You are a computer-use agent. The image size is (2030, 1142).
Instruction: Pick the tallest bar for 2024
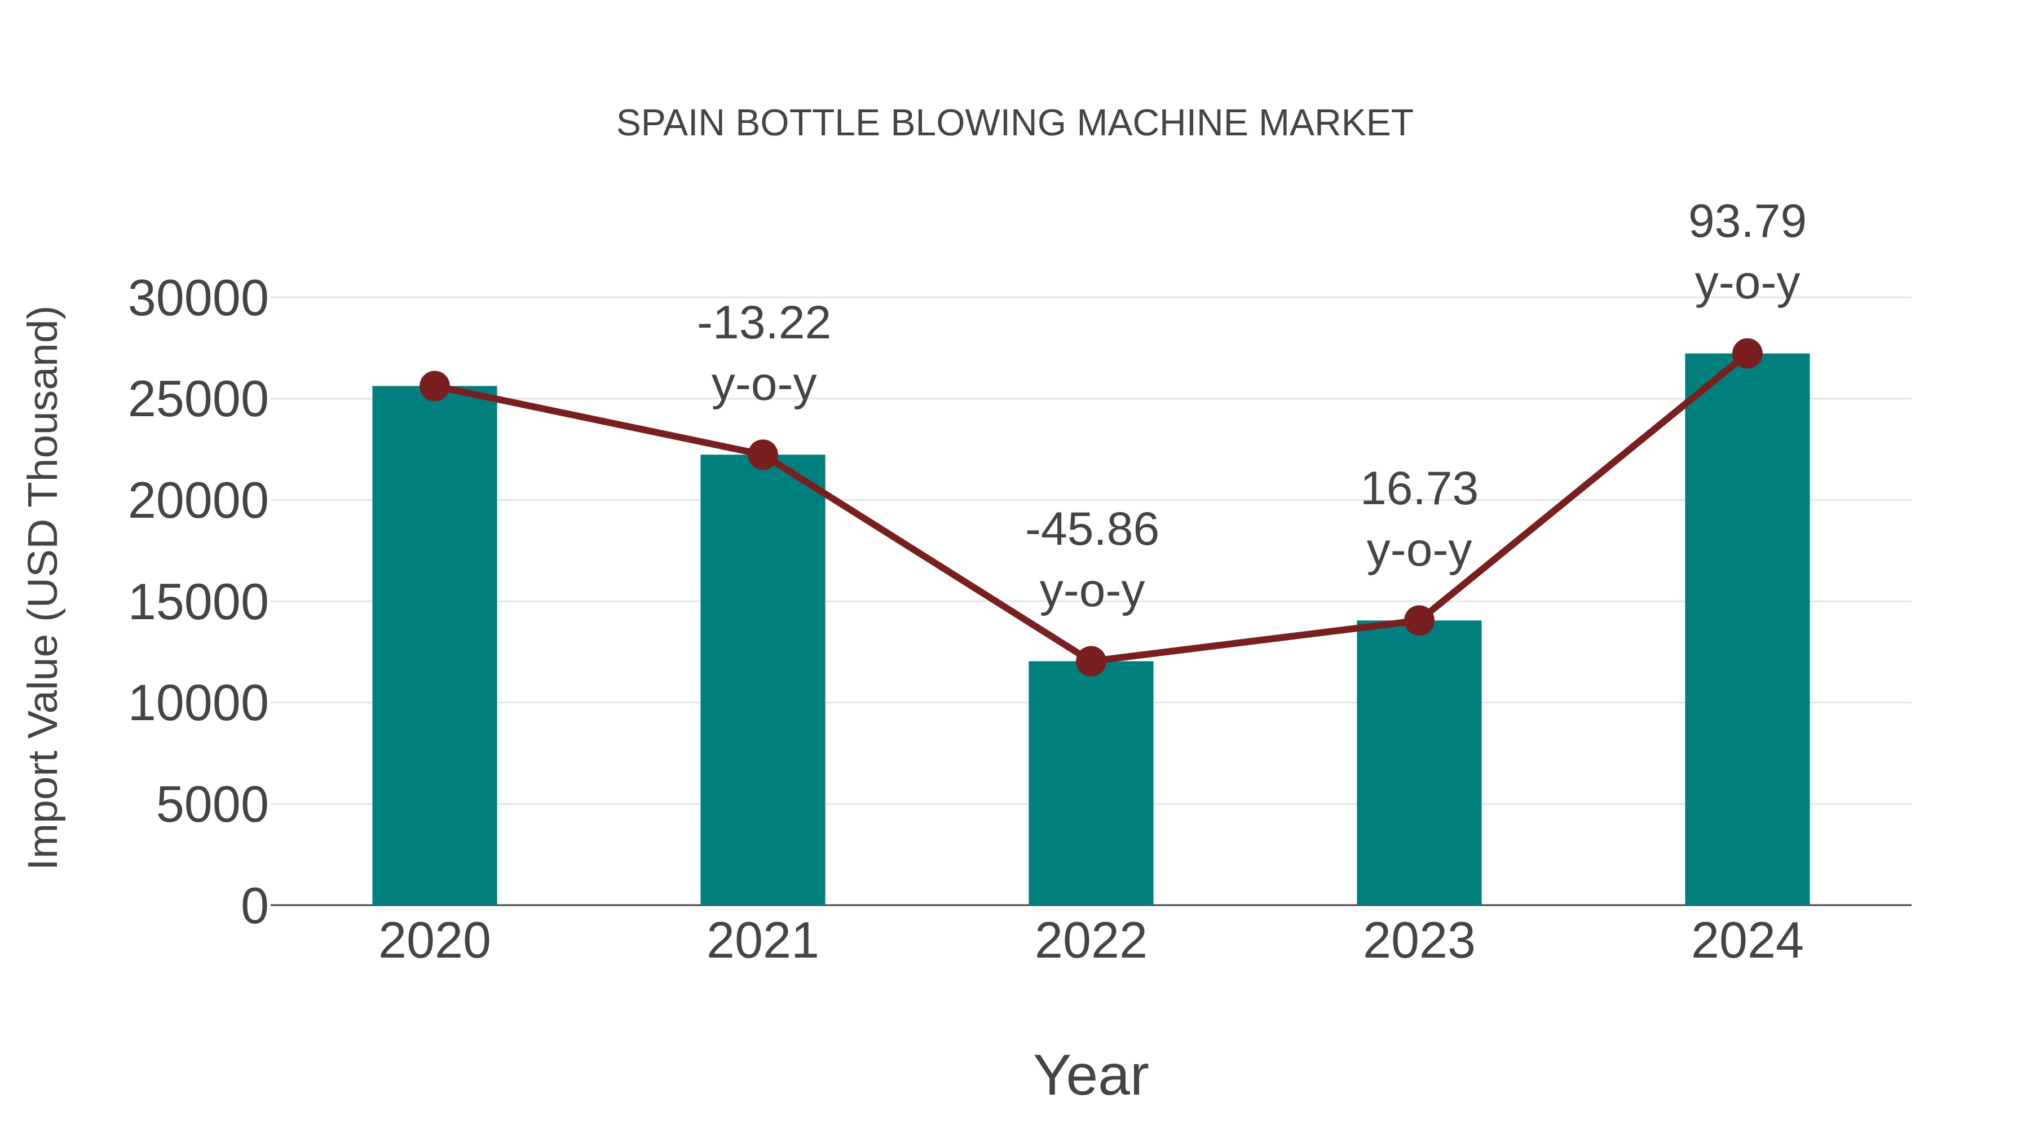pyautogui.click(x=1747, y=630)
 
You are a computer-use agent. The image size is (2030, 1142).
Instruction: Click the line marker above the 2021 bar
pyautogui.click(x=762, y=455)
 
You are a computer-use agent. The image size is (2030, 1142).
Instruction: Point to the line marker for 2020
pyautogui.click(x=434, y=386)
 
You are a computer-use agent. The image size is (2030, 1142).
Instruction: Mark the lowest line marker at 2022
pyautogui.click(x=1091, y=662)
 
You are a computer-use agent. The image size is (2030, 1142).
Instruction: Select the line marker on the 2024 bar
pyautogui.click(x=1747, y=354)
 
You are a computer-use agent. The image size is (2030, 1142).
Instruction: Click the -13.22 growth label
pyautogui.click(x=764, y=324)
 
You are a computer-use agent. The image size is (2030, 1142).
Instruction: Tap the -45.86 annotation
pyautogui.click(x=1092, y=530)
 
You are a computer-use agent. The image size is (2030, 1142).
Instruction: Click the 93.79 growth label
pyautogui.click(x=1747, y=222)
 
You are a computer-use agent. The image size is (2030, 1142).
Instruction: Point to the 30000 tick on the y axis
pyautogui.click(x=198, y=299)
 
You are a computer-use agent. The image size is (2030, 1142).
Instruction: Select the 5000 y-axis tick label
pyautogui.click(x=212, y=805)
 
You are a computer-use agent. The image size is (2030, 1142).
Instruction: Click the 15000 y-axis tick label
pyautogui.click(x=198, y=603)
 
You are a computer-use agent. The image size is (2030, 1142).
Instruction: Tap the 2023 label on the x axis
pyautogui.click(x=1419, y=941)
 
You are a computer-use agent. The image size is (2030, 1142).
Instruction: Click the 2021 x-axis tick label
pyautogui.click(x=762, y=941)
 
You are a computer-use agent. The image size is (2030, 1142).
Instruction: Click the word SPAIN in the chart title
pyautogui.click(x=670, y=124)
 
